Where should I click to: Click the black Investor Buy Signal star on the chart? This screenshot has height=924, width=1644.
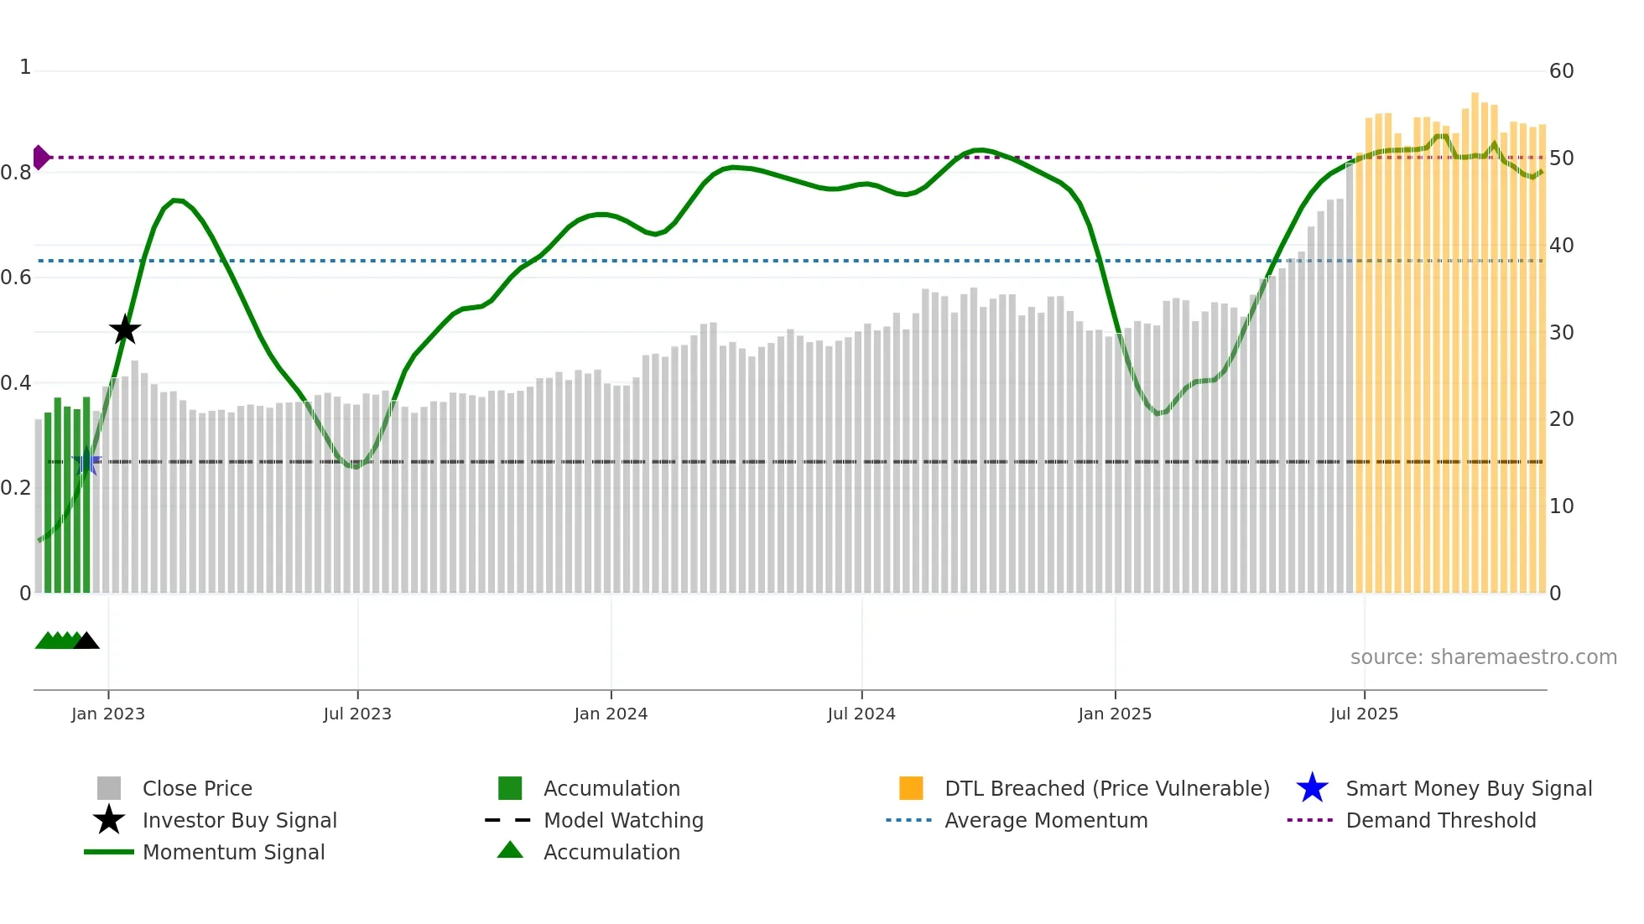pos(125,330)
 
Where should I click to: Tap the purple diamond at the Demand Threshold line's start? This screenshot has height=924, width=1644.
pos(40,157)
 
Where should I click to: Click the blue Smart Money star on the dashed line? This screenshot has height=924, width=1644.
pos(86,461)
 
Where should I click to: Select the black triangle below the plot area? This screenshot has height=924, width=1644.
pos(86,641)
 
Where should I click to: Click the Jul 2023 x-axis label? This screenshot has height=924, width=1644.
pos(357,714)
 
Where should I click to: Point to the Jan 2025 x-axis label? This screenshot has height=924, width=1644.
pos(1115,714)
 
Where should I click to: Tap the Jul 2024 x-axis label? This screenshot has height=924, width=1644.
pos(861,714)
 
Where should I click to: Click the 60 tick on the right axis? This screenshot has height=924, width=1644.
pos(1561,71)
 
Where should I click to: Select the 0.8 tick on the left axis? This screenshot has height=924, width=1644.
pos(16,173)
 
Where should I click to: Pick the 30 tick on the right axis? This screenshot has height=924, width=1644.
pos(1561,333)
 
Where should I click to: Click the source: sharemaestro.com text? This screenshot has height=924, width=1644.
pos(1483,657)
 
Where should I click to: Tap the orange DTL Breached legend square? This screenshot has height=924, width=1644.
pos(911,788)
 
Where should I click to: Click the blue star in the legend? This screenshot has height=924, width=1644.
pos(1312,788)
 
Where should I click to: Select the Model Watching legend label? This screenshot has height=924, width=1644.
pos(623,820)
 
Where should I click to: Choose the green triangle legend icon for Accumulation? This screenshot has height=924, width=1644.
pos(510,850)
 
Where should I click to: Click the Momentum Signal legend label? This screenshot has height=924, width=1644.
pos(233,852)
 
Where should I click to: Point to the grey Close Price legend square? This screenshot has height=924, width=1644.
pos(109,788)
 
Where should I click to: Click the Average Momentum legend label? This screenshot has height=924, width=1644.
pos(1046,820)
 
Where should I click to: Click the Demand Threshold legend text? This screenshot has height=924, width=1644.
pos(1440,820)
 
